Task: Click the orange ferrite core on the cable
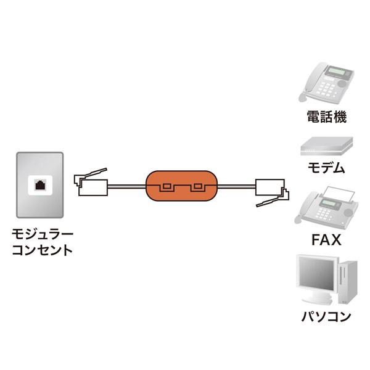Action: coord(182,186)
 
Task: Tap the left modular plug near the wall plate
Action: coord(91,183)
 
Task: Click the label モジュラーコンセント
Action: coord(43,242)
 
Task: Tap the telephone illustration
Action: coord(326,83)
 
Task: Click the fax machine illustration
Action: coord(325,207)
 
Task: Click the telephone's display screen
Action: coord(339,73)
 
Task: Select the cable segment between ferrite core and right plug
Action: coord(237,185)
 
